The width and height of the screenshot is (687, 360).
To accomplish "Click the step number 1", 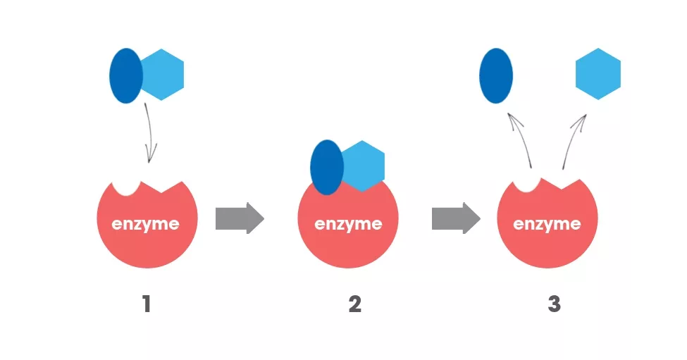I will point(147,305).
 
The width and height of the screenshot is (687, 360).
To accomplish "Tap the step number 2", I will point(354,305).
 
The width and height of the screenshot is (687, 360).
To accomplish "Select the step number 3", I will point(554,305).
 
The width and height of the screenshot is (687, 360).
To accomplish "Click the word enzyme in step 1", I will point(146,225).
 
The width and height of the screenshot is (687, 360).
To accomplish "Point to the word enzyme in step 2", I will point(348,225).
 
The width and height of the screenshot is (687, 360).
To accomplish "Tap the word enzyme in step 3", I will point(547,225).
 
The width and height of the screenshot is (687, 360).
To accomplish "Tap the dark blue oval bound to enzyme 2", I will point(326,167).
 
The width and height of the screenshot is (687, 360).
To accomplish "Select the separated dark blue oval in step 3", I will point(495,75).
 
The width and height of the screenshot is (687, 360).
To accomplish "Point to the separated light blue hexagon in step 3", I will point(598,74).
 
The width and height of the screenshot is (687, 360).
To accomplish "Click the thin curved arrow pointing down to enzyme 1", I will point(151,134).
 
